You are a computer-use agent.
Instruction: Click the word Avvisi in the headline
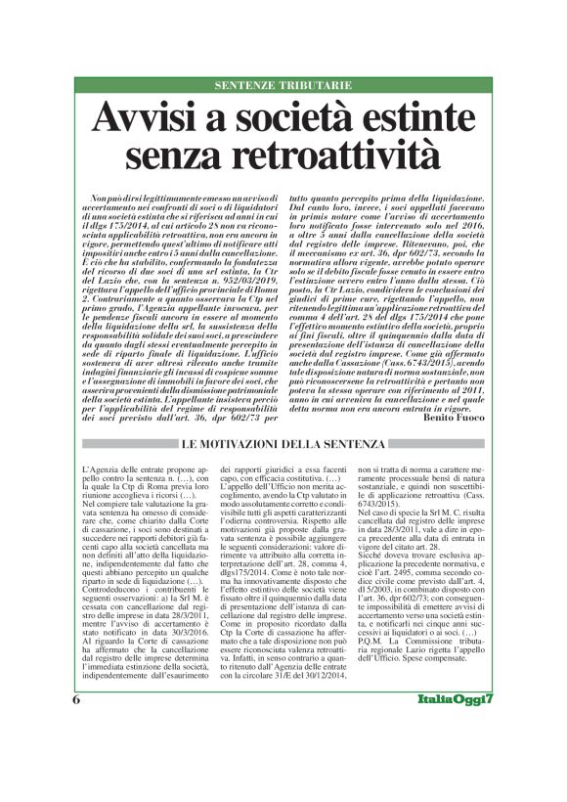tap(145, 119)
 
